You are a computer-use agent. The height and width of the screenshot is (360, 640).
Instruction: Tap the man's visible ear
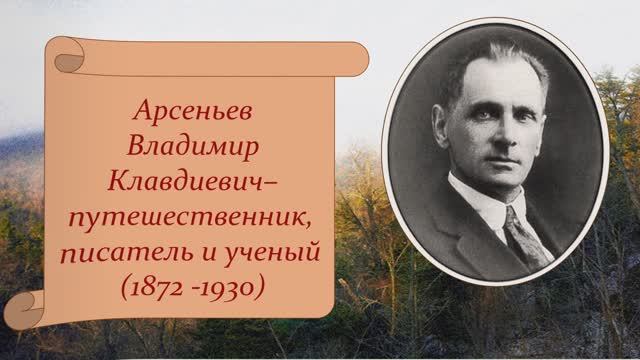(x=449, y=141)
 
